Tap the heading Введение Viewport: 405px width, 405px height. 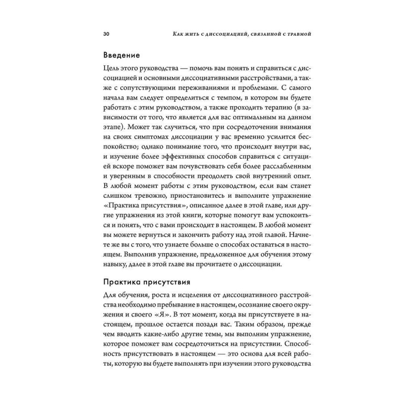pos(122,54)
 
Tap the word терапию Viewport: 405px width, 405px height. pos(271,117)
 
